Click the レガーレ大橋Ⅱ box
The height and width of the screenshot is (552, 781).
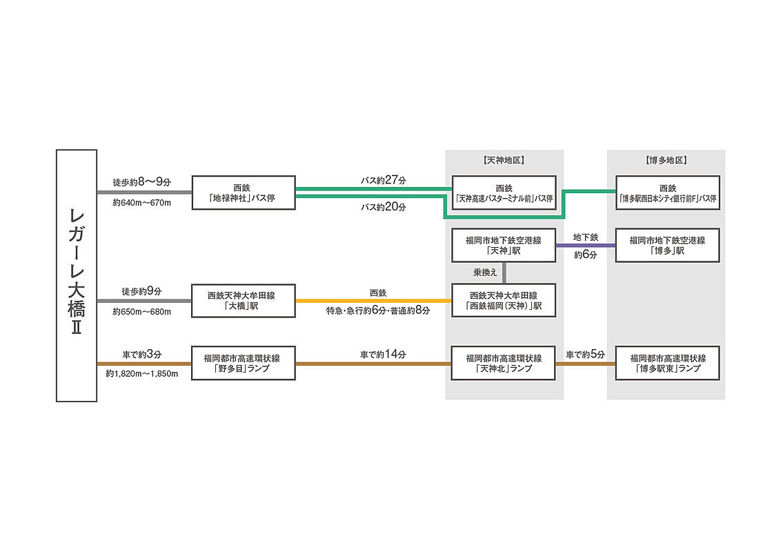(77, 275)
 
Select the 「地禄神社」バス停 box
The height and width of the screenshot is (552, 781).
(244, 193)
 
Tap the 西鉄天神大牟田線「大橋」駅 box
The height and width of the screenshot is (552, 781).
(244, 300)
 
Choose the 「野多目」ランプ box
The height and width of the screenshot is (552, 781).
(244, 363)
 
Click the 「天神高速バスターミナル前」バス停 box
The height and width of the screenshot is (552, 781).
(504, 193)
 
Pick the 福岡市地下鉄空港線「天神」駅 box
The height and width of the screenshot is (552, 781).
(504, 245)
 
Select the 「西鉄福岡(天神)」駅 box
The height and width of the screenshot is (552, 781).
(504, 300)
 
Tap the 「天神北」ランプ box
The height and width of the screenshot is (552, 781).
(504, 363)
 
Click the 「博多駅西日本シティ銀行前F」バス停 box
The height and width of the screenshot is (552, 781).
(667, 193)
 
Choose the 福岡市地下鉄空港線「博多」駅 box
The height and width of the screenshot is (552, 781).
(667, 245)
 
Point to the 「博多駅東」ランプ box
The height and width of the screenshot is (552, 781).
(667, 363)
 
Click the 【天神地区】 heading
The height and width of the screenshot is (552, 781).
(504, 160)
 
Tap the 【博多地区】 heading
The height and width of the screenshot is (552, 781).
(666, 160)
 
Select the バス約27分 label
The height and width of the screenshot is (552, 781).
(384, 179)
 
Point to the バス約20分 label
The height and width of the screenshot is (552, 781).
(384, 206)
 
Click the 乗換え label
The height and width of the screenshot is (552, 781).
(486, 273)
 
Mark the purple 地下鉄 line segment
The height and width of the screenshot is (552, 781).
(585, 246)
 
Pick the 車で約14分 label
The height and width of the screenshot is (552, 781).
(384, 354)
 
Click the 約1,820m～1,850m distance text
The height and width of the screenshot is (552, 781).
(142, 374)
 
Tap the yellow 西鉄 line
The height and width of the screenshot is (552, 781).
(373, 301)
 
